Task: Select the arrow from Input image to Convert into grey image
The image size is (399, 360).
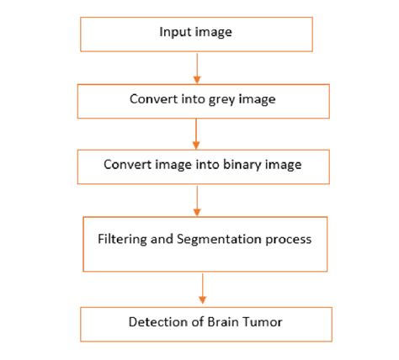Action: (x=196, y=66)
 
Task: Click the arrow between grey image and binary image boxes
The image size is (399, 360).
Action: (x=196, y=133)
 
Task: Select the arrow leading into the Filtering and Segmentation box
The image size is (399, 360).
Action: (x=197, y=199)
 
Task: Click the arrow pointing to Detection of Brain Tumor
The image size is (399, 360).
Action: (x=202, y=289)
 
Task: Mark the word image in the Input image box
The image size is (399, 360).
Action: (x=214, y=32)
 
